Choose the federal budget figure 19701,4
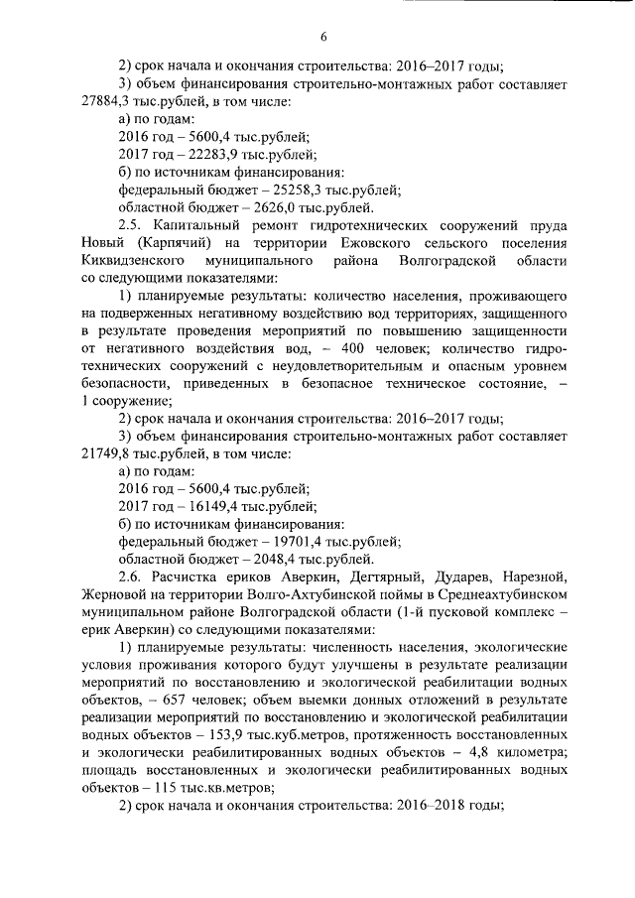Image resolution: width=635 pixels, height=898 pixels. click(280, 542)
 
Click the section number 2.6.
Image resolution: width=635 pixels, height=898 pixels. click(131, 577)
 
